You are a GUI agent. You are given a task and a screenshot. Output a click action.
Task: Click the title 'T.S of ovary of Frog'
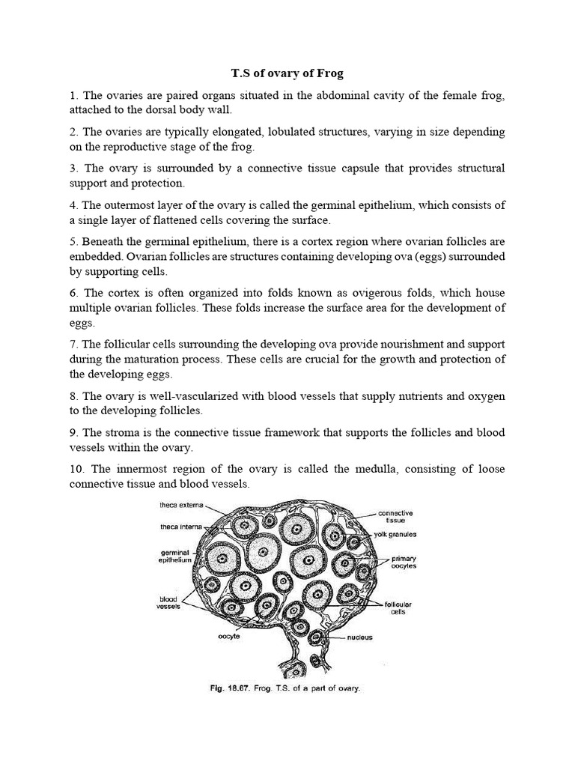click(288, 73)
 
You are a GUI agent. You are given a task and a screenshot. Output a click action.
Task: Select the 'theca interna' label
click(181, 526)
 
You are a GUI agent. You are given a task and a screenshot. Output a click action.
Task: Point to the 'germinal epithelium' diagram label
click(177, 556)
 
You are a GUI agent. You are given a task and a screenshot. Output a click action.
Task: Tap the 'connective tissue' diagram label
click(395, 516)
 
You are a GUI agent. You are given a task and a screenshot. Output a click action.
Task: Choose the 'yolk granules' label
click(396, 535)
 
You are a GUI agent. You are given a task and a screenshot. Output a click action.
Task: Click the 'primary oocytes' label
click(404, 563)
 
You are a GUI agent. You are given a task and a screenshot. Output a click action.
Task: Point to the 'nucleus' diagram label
click(360, 638)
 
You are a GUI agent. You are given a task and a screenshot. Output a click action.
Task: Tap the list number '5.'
click(73, 241)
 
